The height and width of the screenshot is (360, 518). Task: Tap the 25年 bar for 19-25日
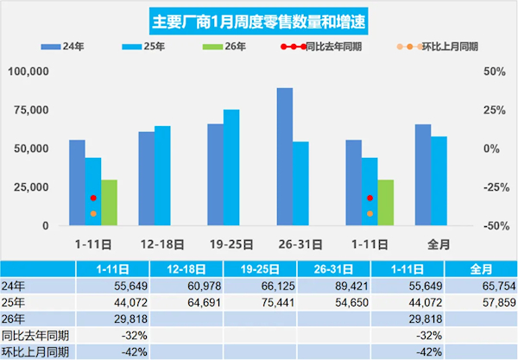tap(231, 167)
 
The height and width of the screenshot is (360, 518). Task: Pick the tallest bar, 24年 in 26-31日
tap(285, 156)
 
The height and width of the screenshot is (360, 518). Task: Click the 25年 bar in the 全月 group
tap(439, 180)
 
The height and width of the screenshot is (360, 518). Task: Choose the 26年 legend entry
tap(223, 46)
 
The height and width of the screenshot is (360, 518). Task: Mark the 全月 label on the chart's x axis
tap(439, 244)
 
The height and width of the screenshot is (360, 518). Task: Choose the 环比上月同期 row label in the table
tap(35, 351)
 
